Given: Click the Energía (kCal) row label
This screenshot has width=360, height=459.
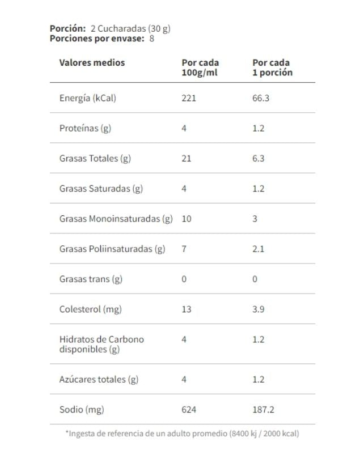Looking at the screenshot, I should pyautogui.click(x=87, y=98).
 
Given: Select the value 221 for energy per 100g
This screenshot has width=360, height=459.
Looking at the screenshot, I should pyautogui.click(x=188, y=98).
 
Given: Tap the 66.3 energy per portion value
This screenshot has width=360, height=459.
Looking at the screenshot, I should pyautogui.click(x=261, y=98).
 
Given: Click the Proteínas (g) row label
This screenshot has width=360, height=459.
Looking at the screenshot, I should pyautogui.click(x=85, y=128).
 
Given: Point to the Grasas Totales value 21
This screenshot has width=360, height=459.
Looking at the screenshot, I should pyautogui.click(x=187, y=158).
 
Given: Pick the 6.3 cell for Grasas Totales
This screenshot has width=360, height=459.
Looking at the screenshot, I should pyautogui.click(x=259, y=158).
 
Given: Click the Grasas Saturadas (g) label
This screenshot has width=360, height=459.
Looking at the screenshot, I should pyautogui.click(x=101, y=189).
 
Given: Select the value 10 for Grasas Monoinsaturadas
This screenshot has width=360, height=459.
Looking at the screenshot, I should pyautogui.click(x=187, y=219).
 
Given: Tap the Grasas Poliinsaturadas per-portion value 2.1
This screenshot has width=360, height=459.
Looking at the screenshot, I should pyautogui.click(x=259, y=249).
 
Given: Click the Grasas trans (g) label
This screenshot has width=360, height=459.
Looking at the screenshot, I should pyautogui.click(x=91, y=279).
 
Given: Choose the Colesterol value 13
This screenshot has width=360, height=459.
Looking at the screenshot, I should pyautogui.click(x=187, y=309).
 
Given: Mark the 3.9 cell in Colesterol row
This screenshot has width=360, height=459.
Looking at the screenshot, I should pyautogui.click(x=259, y=309).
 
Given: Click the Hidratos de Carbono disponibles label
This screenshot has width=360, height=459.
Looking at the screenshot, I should pyautogui.click(x=101, y=345).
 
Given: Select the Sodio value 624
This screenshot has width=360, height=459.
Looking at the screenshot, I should pyautogui.click(x=188, y=409).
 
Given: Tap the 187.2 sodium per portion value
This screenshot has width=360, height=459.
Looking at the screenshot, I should pyautogui.click(x=263, y=409).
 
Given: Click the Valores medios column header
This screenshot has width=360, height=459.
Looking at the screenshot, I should pyautogui.click(x=92, y=62).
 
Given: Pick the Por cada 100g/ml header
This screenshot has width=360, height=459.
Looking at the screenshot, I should pyautogui.click(x=200, y=67).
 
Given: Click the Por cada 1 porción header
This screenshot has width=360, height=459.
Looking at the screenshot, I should pyautogui.click(x=272, y=67).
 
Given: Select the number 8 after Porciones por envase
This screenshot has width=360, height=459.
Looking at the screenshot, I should pyautogui.click(x=151, y=39).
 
